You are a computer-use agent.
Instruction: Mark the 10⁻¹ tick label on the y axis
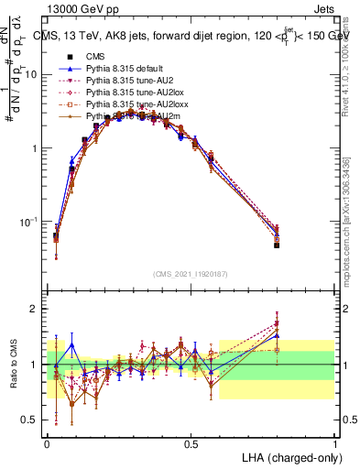[x=29, y=223]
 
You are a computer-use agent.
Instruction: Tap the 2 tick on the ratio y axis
[x=37, y=310]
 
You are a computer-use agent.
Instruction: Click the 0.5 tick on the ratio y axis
[x=32, y=420]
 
